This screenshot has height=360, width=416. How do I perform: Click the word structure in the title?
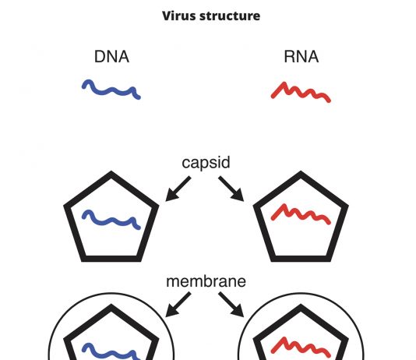coord(230,16)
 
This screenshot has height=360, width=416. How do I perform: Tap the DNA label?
coord(111,57)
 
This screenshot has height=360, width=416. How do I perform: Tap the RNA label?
coord(301,57)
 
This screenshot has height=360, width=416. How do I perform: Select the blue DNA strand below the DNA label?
coord(110,91)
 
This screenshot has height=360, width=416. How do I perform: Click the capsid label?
coord(206,163)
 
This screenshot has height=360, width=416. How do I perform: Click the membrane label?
coord(206,281)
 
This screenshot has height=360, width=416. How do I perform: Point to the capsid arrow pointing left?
coord(178,189)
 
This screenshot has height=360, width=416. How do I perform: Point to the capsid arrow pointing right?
coord(231,189)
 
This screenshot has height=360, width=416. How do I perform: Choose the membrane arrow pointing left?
coord(178,305)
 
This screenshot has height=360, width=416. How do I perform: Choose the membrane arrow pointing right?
coord(231,305)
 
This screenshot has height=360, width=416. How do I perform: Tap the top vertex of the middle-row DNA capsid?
coord(111,171)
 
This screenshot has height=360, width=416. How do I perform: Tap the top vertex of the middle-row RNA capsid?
coord(301,171)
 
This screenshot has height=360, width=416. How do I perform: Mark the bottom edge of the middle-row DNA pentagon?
coord(111,259)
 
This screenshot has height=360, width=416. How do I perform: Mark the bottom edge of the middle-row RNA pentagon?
coord(301,259)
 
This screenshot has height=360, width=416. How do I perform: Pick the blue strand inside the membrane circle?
coord(110,352)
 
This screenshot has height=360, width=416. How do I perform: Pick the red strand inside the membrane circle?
coord(301,348)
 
